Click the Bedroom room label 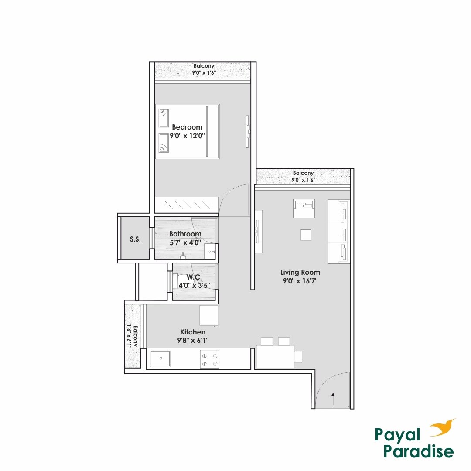187,127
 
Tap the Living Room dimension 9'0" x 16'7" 300,281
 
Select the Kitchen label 193,332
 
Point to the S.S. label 135,239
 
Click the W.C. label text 194,277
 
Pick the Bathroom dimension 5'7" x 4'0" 185,242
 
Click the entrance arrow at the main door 333,398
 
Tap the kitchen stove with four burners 209,359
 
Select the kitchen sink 161,358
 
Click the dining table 275,356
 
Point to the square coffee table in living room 306,235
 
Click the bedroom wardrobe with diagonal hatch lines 187,203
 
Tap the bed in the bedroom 188,131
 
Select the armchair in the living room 304,208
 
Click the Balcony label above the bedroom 204,66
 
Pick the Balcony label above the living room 303,173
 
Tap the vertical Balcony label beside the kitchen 136,336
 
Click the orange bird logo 443,428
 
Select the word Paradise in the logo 419,451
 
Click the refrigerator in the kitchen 208,315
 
